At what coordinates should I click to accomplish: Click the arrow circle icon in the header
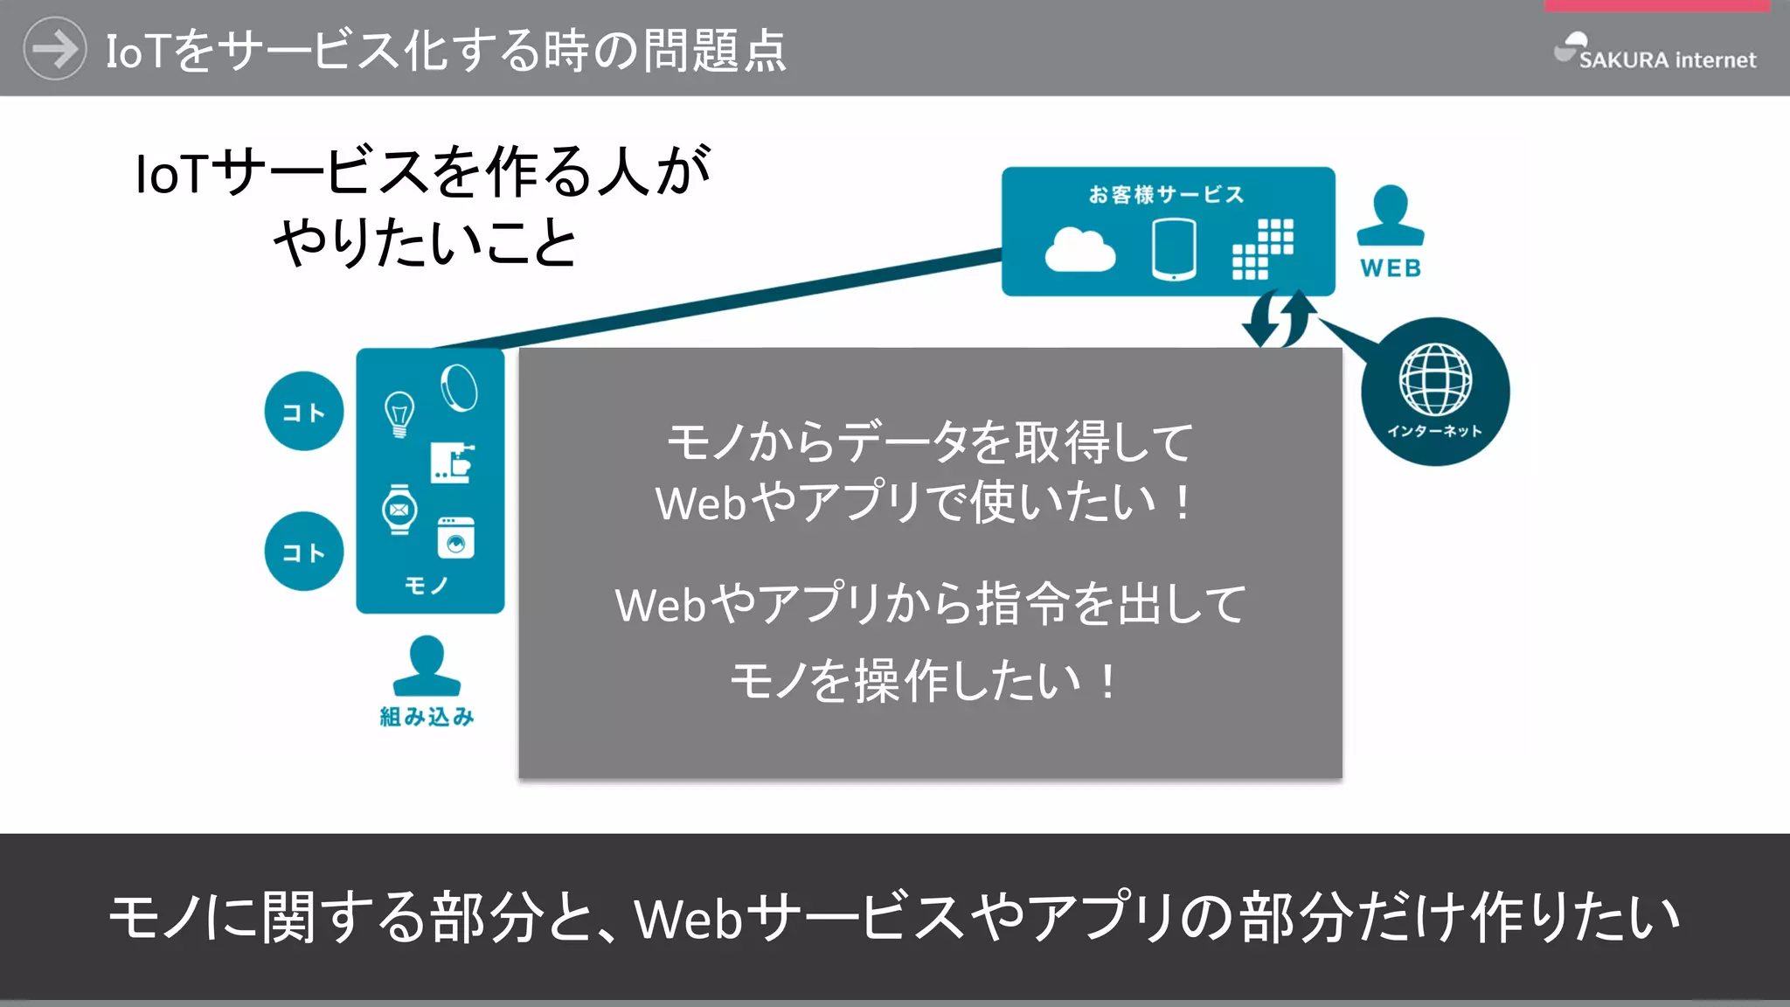[x=54, y=49]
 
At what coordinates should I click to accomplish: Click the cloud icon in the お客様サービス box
[x=1080, y=250]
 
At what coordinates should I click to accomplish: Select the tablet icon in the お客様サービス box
[x=1174, y=250]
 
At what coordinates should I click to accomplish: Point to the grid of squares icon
[x=1263, y=249]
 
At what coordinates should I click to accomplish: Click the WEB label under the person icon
[x=1391, y=268]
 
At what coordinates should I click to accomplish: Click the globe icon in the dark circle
[x=1435, y=379]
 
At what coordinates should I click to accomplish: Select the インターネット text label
[x=1435, y=431]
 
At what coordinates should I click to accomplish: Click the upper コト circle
[x=304, y=412]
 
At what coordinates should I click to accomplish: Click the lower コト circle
[x=304, y=552]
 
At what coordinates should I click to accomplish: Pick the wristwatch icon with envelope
[x=399, y=509]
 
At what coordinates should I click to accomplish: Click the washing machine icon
[x=455, y=537]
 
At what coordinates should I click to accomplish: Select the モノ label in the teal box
[x=427, y=585]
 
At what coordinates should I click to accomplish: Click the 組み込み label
[x=427, y=717]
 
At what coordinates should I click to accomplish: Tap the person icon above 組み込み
[x=427, y=666]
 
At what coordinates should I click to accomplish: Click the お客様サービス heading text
[x=1166, y=194]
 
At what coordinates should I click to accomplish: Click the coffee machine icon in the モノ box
[x=453, y=463]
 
